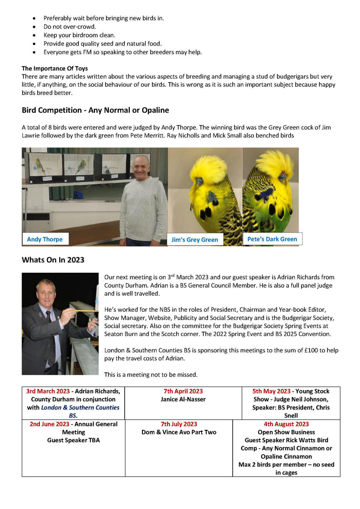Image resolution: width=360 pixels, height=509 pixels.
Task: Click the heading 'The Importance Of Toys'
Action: tap(55, 69)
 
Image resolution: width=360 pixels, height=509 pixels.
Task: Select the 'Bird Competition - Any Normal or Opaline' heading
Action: tap(95, 110)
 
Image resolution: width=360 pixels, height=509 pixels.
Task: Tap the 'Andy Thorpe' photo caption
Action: tap(45, 239)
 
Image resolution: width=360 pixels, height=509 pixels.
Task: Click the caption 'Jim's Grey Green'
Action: tap(194, 240)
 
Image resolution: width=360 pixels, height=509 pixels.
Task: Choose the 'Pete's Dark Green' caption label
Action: tap(272, 239)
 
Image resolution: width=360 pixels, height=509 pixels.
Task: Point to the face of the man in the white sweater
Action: tap(141, 167)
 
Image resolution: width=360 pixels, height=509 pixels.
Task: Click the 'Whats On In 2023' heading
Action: tap(53, 260)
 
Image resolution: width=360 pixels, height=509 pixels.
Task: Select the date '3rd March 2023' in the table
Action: tap(48, 391)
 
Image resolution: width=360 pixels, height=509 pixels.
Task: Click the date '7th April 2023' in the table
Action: tap(183, 391)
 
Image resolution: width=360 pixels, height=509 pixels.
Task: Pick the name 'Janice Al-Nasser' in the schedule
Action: tap(183, 399)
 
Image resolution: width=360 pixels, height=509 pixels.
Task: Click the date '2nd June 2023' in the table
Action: tap(49, 424)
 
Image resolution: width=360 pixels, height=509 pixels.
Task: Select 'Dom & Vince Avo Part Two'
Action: tap(179, 432)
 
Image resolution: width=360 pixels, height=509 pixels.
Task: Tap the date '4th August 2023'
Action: tap(286, 424)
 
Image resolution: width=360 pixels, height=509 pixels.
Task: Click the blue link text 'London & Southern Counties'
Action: tap(80, 408)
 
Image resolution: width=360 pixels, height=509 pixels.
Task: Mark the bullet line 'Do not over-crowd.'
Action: tap(70, 27)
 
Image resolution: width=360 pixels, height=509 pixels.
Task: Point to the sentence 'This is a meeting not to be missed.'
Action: tap(151, 375)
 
